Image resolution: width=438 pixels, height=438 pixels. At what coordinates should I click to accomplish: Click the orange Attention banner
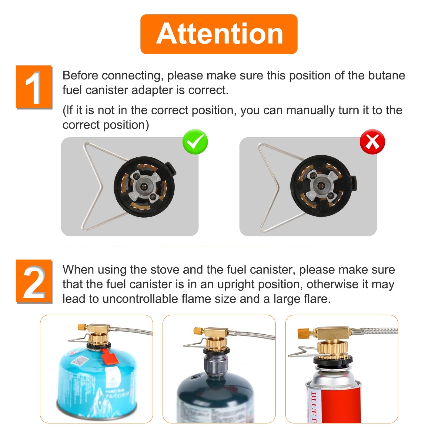point(219,34)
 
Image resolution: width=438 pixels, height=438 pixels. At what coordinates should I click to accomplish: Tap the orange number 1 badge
point(34,87)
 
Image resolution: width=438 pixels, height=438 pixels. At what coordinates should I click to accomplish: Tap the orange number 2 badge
point(34,281)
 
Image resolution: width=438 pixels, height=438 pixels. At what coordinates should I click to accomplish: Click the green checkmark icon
point(195,142)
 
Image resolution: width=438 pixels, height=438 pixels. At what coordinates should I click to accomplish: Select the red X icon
point(372,142)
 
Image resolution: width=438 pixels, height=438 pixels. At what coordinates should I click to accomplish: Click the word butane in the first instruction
point(386,75)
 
